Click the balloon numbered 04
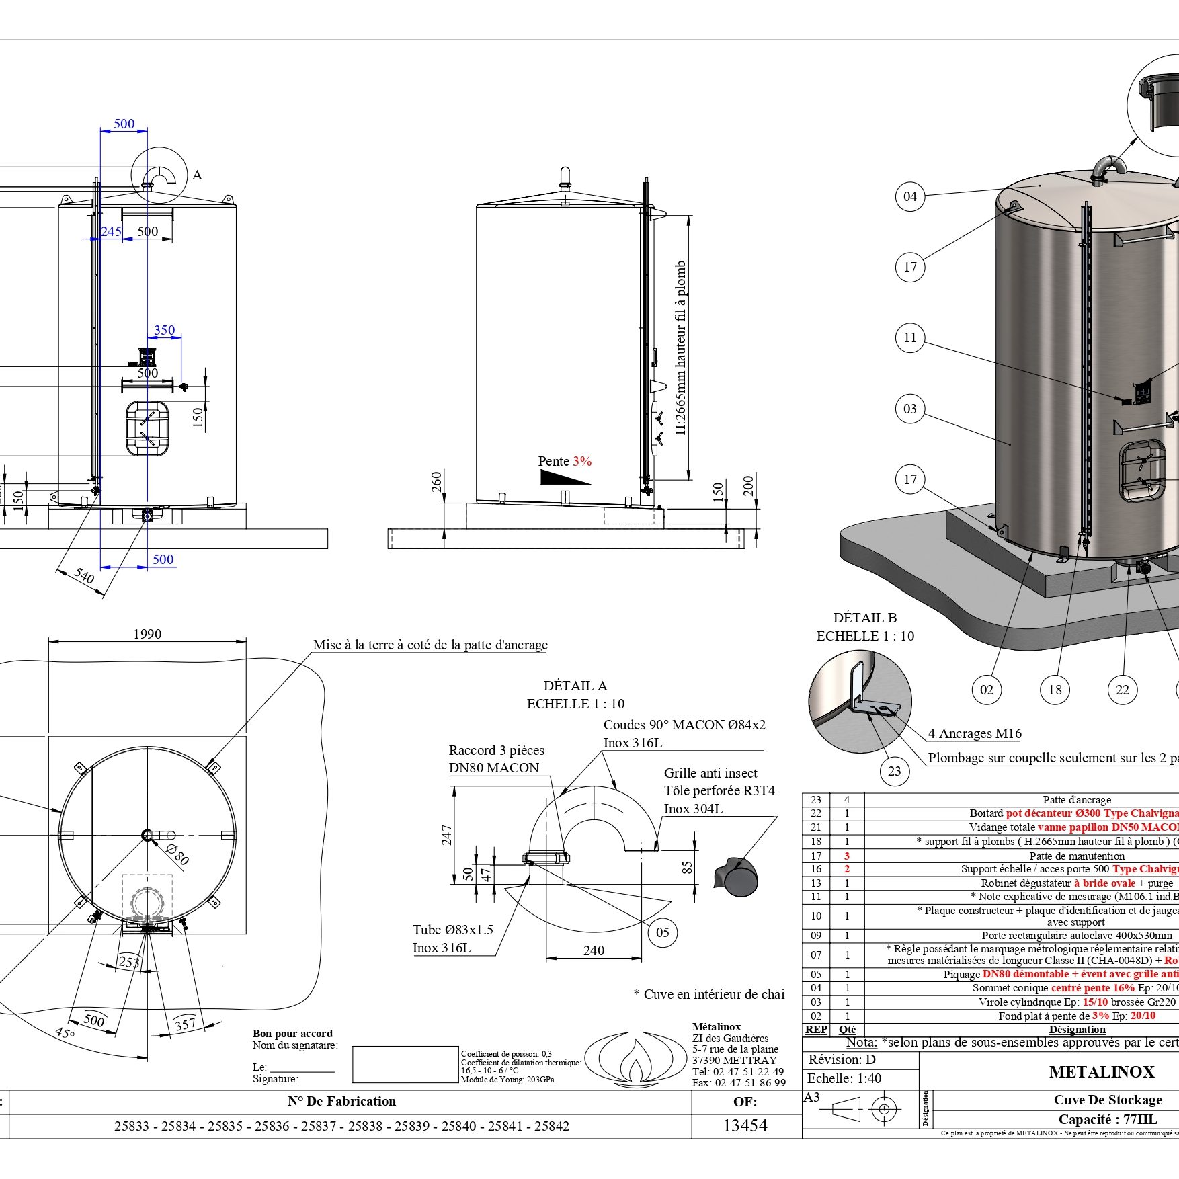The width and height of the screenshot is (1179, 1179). (x=910, y=196)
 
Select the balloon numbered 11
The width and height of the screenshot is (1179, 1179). (x=910, y=337)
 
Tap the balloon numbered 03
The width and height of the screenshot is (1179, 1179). (x=910, y=409)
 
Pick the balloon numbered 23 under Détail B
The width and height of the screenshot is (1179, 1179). (x=894, y=771)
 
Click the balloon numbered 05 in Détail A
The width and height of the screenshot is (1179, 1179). (x=663, y=932)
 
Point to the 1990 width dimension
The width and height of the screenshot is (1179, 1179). (x=147, y=634)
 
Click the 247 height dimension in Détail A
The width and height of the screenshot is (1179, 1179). (x=446, y=834)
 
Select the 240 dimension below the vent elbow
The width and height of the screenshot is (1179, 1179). (x=594, y=950)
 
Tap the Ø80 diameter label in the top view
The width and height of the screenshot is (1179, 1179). (x=178, y=855)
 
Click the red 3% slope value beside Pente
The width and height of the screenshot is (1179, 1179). (x=582, y=461)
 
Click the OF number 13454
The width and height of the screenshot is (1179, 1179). (x=745, y=1125)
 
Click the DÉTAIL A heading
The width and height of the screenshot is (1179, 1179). (x=575, y=686)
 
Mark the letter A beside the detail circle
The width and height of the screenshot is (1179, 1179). (x=197, y=175)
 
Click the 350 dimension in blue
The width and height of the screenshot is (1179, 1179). (x=165, y=330)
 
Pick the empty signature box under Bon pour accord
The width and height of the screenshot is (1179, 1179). (x=405, y=1064)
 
